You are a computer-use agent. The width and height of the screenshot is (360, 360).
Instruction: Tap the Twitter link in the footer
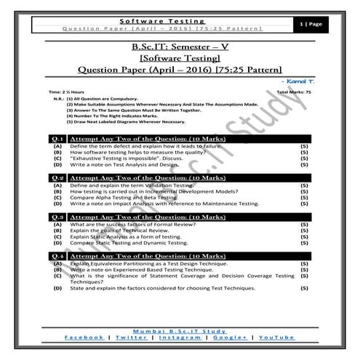tap(131, 337)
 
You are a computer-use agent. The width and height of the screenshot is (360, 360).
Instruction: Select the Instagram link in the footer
tap(180, 337)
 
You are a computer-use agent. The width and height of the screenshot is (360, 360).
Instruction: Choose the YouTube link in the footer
tap(276, 337)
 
